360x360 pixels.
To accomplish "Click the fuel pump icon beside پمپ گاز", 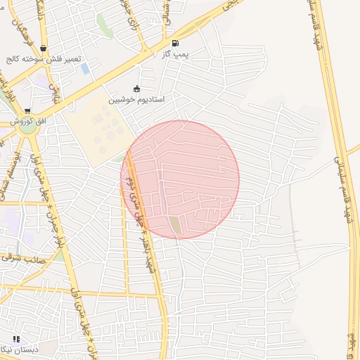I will tap(175, 42).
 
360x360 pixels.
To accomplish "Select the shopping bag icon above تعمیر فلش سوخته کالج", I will tap(44, 49).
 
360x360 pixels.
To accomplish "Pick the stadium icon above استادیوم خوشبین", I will tap(136, 89).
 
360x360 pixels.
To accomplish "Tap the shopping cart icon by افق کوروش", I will tap(27, 110).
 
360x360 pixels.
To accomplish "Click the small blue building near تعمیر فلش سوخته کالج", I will tap(85, 69).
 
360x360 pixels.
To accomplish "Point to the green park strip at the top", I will tap(104, 25).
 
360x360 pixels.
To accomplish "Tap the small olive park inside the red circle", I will tap(174, 224).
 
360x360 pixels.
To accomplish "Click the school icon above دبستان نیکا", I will tap(16, 339).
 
